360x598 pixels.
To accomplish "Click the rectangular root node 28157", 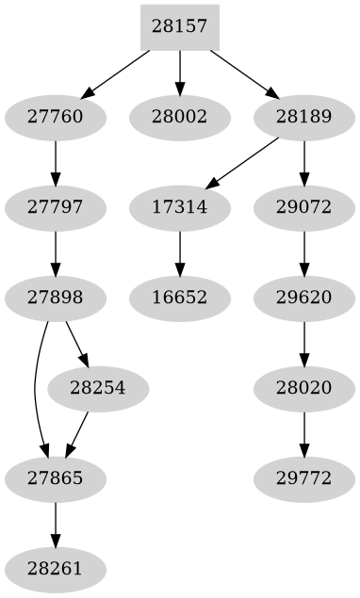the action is [x=179, y=27].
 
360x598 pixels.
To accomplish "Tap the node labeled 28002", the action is [x=179, y=118].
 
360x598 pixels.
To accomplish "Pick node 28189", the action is [x=303, y=118].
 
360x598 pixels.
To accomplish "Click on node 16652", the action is [x=179, y=299].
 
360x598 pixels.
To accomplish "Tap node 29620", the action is [x=303, y=299].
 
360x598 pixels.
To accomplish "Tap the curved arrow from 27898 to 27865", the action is [x=35, y=389].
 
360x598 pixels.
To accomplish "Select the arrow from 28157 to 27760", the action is [x=117, y=73].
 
